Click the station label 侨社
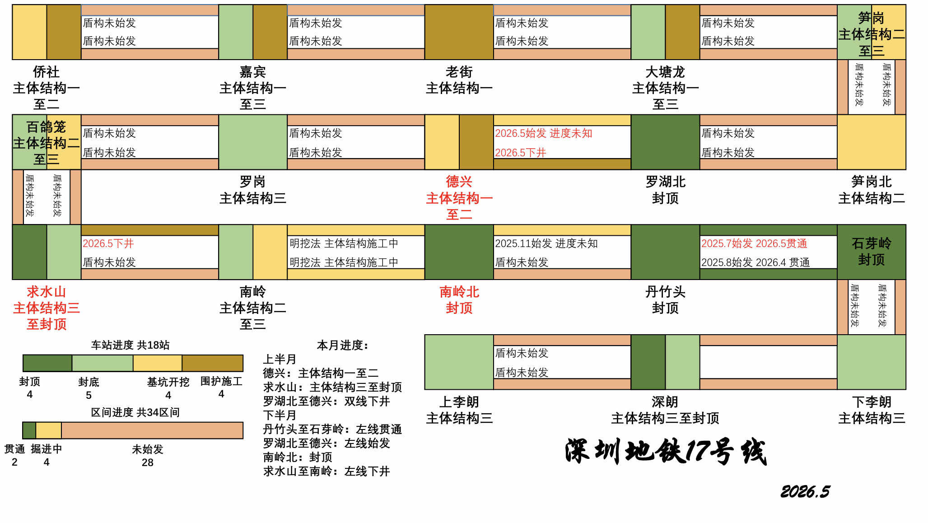[x=46, y=72]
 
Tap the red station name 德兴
[x=459, y=182]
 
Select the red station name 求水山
[x=46, y=292]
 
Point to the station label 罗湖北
[x=665, y=182]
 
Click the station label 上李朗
[x=459, y=402]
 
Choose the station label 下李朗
[x=872, y=402]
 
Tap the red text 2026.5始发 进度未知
[x=543, y=133]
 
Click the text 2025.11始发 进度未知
[x=546, y=243]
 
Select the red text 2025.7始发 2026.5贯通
[x=754, y=243]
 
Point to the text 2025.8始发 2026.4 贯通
[x=755, y=262]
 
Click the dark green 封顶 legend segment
[x=47, y=363]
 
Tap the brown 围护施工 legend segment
[x=213, y=363]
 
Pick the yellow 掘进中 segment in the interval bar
[x=49, y=430]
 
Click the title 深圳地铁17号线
[x=665, y=452]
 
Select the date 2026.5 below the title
[x=805, y=491]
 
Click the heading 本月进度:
[x=343, y=346]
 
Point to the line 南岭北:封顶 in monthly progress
[x=298, y=457]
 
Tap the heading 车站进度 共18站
[x=130, y=345]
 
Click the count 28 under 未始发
[x=147, y=462]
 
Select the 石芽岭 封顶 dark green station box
[x=872, y=252]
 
